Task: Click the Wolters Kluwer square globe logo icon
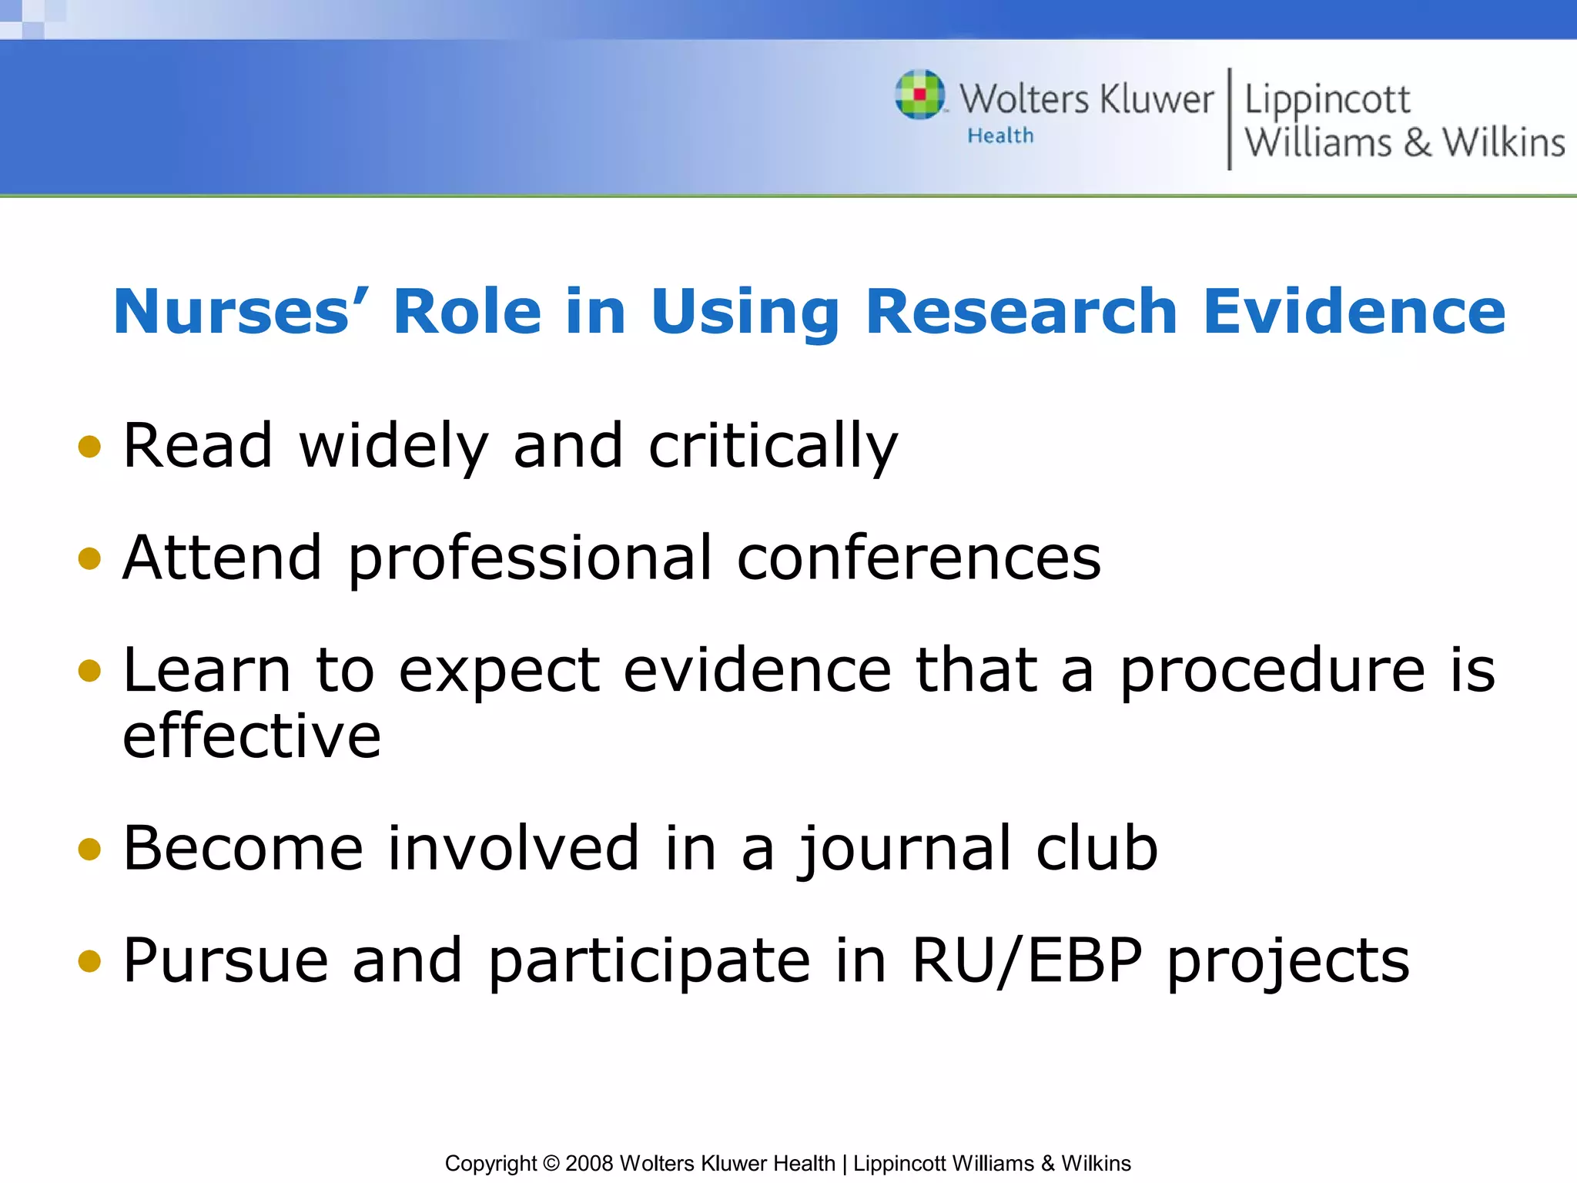pos(920,95)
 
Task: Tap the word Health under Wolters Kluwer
pos(1000,136)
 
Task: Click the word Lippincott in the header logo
pos(1327,100)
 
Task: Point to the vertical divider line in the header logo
pos(1229,119)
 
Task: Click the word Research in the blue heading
pos(1021,311)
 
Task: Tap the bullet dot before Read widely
pos(90,447)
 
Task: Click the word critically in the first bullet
pos(773,447)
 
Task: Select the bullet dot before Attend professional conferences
pos(90,558)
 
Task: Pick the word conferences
pos(919,558)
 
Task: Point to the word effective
pos(252,736)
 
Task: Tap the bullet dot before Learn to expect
pos(90,670)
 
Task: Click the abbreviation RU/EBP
pos(1026,960)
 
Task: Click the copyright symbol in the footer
pos(551,1163)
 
